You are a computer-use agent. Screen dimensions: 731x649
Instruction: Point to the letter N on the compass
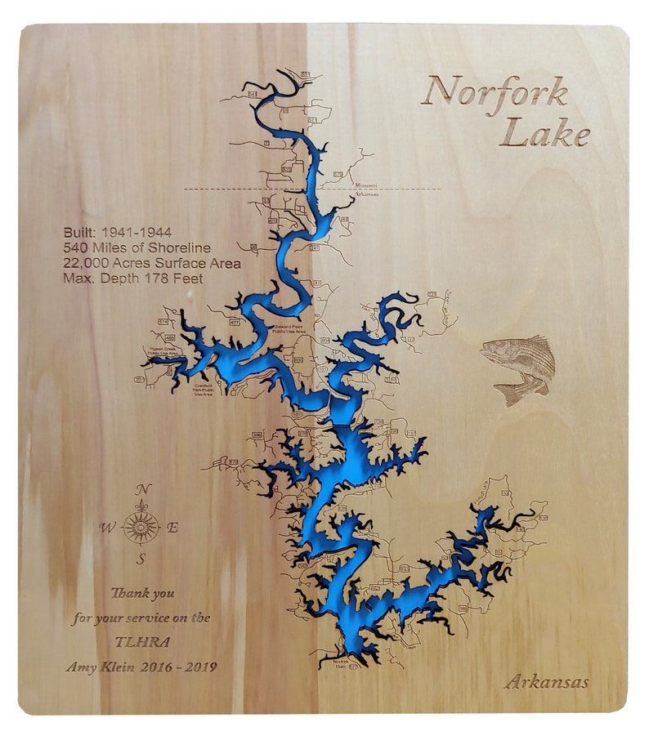[142, 489]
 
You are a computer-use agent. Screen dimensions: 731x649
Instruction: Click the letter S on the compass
[141, 559]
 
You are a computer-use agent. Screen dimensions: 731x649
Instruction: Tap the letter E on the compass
[172, 527]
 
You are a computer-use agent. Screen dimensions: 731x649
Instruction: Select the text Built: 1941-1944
[117, 233]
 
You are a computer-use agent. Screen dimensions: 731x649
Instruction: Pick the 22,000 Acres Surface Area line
[152, 263]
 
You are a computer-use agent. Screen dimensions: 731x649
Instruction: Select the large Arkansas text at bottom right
[545, 682]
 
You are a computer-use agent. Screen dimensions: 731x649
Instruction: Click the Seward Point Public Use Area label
[289, 329]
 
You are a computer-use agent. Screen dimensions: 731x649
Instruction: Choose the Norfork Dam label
[340, 662]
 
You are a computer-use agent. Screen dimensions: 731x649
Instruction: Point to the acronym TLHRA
[141, 642]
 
